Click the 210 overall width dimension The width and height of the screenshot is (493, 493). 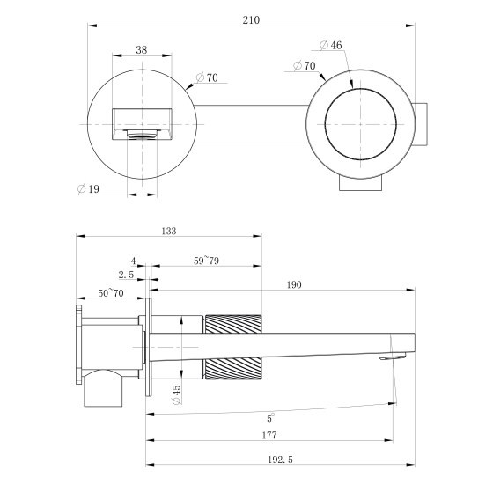pyautogui.click(x=251, y=20)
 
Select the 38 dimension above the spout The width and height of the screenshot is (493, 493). pyautogui.click(x=142, y=49)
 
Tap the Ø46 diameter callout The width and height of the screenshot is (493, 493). pyautogui.click(x=331, y=45)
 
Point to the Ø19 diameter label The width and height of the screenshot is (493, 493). pyautogui.click(x=88, y=189)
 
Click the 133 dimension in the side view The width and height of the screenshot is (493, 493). pyautogui.click(x=169, y=231)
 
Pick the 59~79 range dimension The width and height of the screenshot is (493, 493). pyautogui.click(x=206, y=261)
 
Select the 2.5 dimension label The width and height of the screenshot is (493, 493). pyautogui.click(x=126, y=275)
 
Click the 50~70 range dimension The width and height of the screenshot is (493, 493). pyautogui.click(x=111, y=293)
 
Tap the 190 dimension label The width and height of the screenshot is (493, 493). pyautogui.click(x=294, y=285)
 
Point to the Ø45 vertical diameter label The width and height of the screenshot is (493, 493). pyautogui.click(x=176, y=395)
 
